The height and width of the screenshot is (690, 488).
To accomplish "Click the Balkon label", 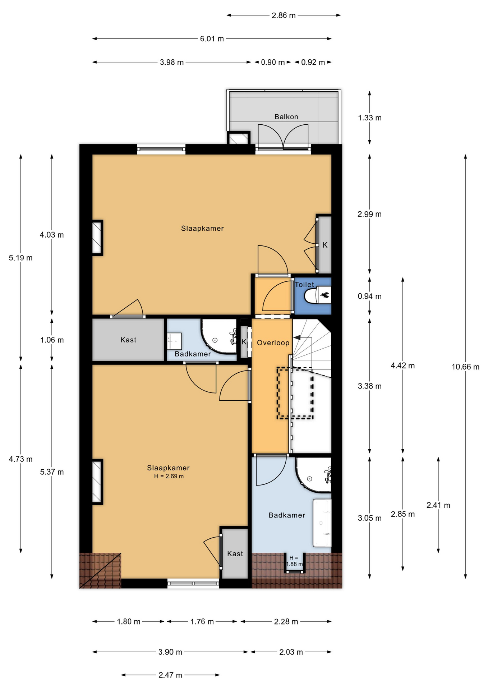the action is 286,117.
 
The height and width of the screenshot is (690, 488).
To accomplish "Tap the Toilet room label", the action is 304,284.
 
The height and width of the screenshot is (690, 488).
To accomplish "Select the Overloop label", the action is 273,343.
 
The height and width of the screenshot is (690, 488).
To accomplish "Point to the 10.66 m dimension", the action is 465,367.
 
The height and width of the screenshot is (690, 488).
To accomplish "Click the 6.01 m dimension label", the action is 212,39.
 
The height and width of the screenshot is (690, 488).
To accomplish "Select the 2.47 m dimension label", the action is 170,675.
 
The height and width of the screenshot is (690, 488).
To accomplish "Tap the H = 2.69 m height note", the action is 169,477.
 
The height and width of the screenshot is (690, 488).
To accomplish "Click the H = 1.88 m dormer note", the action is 294,561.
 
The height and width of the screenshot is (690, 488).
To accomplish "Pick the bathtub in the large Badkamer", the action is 322,523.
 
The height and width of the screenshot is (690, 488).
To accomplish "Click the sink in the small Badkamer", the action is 174,341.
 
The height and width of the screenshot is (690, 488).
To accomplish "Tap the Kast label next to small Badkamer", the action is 128,340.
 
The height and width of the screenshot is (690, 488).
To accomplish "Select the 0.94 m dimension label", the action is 369,296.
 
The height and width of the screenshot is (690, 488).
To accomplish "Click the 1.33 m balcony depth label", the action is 369,118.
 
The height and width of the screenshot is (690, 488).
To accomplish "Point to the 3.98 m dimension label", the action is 172,63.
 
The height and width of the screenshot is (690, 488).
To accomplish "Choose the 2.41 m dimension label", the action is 438,505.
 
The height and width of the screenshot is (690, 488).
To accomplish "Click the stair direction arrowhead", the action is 297,337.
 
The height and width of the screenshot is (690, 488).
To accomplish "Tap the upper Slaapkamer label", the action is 202,229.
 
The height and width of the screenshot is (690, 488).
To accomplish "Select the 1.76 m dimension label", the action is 202,622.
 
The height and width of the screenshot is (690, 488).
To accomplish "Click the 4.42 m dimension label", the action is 402,366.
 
